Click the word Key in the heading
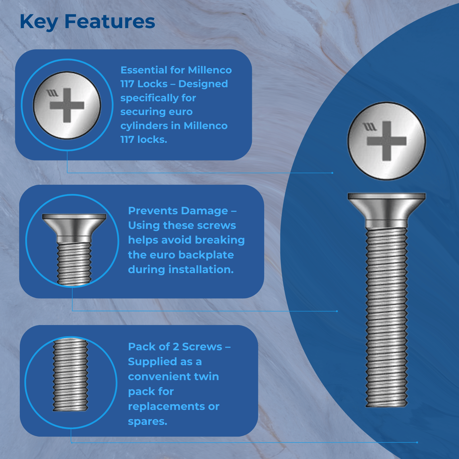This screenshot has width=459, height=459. click(x=39, y=22)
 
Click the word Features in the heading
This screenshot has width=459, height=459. click(x=110, y=22)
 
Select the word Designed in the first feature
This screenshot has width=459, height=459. click(x=203, y=84)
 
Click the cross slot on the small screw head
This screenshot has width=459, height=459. click(x=67, y=105)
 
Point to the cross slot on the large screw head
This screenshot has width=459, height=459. click(x=387, y=141)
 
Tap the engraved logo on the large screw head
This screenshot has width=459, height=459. click(x=369, y=127)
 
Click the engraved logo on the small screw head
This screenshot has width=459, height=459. click(x=52, y=93)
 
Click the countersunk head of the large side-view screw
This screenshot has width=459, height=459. click(x=387, y=211)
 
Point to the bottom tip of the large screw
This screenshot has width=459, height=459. click(x=386, y=407)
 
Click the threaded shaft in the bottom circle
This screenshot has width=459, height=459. click(x=71, y=375)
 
